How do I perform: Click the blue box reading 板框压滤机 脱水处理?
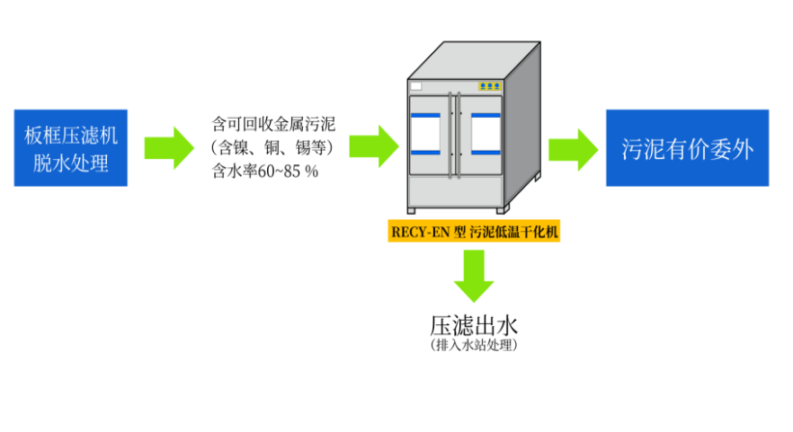[x=71, y=149]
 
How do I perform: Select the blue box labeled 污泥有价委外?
[x=687, y=148]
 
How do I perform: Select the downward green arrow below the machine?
[x=474, y=275]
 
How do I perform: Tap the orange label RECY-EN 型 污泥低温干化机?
[x=475, y=232]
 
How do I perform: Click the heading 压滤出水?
[x=475, y=323]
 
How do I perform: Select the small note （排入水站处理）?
[x=475, y=345]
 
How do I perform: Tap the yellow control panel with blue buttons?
[x=490, y=86]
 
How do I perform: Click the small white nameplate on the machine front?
[x=415, y=86]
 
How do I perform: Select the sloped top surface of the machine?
[x=472, y=59]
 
